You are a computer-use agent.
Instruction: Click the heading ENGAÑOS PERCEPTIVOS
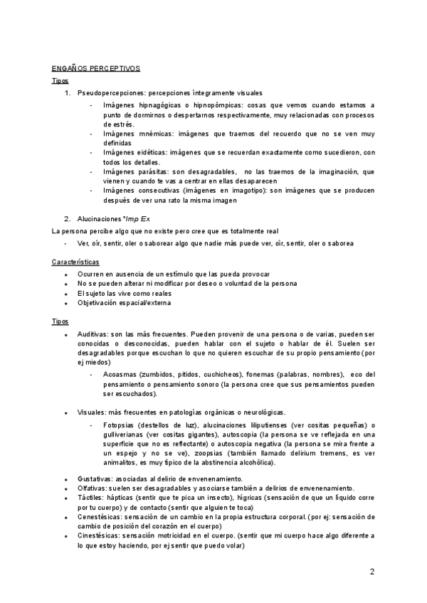point(95,69)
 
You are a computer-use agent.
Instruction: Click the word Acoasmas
point(120,374)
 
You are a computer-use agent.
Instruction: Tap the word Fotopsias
point(119,425)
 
